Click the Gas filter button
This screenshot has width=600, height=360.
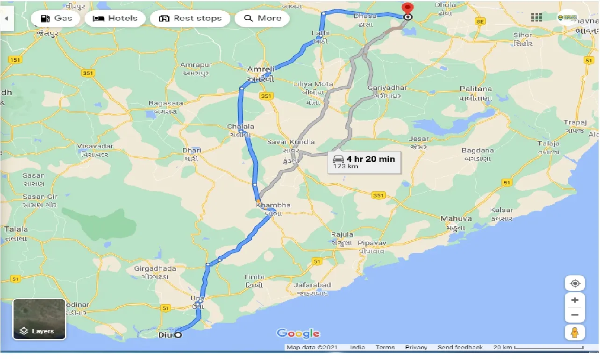coord(56,18)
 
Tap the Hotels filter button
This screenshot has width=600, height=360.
coord(115,18)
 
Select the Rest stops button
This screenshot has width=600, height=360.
coord(190,18)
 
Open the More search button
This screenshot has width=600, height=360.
coord(262,18)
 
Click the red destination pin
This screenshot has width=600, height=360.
coord(407,9)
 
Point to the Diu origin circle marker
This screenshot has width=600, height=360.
coord(178,335)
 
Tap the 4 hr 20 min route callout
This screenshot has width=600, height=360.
coord(364,162)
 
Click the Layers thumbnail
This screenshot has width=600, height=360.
coord(39,319)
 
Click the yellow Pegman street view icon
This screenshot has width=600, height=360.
coord(575,332)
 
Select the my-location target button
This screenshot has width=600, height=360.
coord(575,283)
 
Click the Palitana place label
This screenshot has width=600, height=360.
coord(476,88)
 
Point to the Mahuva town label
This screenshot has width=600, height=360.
coord(456,218)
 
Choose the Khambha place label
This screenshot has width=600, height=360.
coord(273,205)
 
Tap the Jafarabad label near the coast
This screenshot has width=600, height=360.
coord(312,285)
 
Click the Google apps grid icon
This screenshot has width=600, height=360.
coord(536,17)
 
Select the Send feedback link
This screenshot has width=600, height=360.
coord(460,347)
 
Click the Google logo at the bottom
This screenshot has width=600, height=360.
coord(298,333)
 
